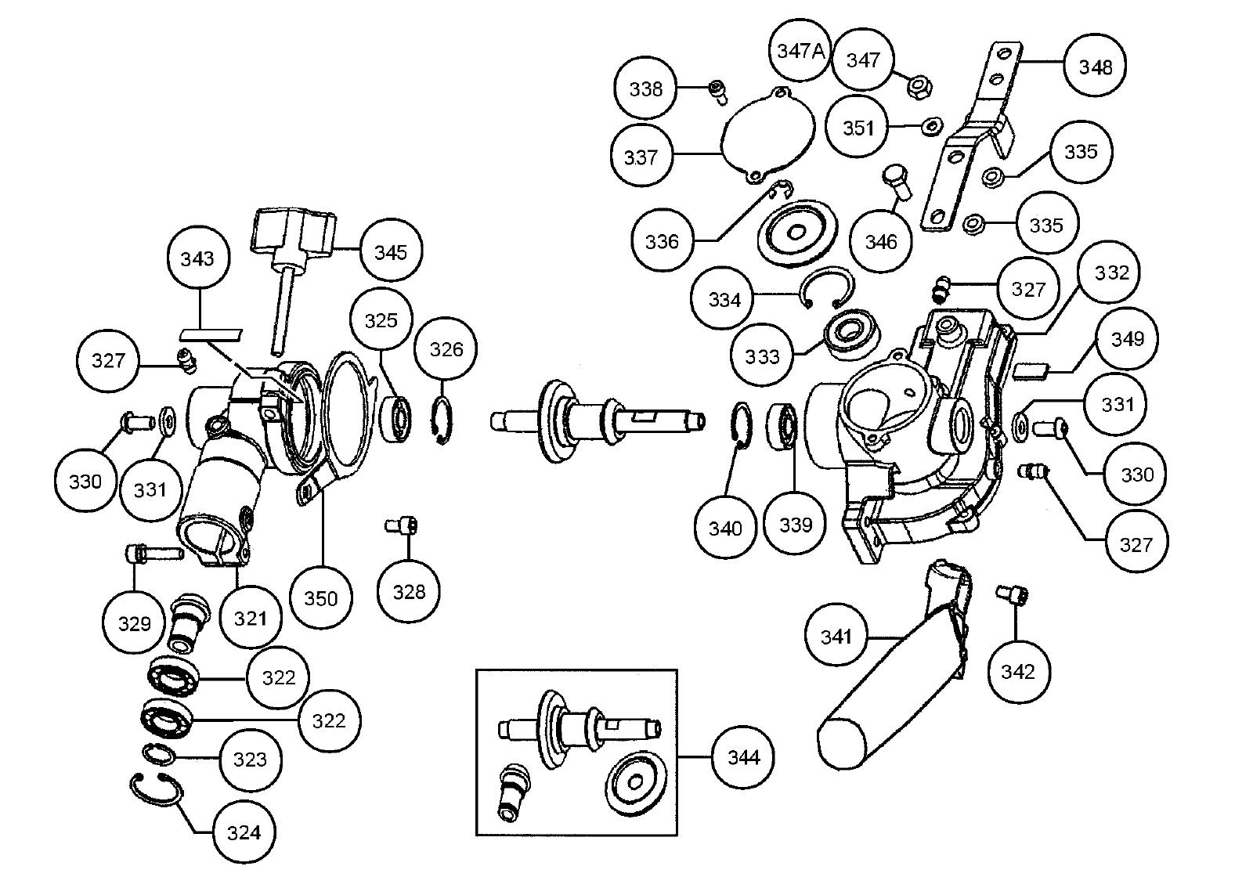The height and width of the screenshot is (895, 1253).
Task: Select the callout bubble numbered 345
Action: click(x=391, y=252)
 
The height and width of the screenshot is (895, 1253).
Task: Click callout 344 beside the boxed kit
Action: click(x=743, y=757)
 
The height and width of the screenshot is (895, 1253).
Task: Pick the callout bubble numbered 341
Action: click(x=836, y=637)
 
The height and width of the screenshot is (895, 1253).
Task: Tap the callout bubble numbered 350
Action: click(x=320, y=598)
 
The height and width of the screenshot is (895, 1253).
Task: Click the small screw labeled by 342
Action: click(x=1007, y=595)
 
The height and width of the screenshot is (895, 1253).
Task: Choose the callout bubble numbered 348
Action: click(x=1095, y=67)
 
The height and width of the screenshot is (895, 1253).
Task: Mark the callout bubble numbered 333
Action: click(x=762, y=357)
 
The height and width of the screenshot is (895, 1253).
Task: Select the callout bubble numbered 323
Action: click(x=250, y=760)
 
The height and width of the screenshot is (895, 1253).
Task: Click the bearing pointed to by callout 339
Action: click(x=783, y=425)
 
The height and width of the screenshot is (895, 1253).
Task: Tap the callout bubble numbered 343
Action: click(x=197, y=258)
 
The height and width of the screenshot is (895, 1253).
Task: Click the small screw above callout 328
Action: click(x=403, y=525)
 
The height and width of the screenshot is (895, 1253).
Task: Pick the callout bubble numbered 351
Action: click(x=858, y=128)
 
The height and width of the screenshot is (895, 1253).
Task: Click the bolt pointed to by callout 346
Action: click(x=897, y=182)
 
